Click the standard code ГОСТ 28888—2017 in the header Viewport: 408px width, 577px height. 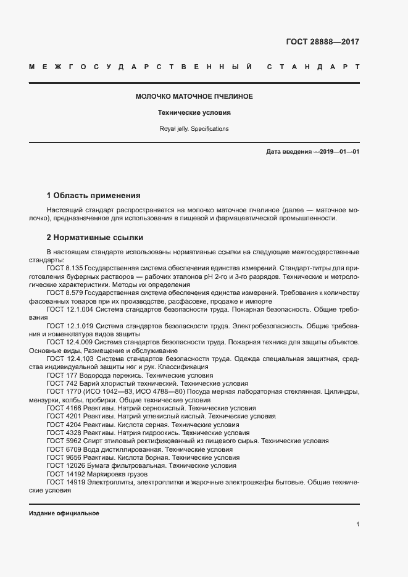322,42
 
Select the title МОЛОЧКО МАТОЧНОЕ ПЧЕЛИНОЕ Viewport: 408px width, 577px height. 194,97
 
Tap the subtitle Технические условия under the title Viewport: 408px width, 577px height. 194,113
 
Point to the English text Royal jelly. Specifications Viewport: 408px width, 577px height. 194,129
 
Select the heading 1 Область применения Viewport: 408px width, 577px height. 93,195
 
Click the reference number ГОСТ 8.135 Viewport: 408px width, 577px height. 64,268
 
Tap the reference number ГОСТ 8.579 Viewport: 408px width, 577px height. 64,293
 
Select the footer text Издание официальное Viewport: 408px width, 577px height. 64,513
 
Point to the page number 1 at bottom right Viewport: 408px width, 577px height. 357,525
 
